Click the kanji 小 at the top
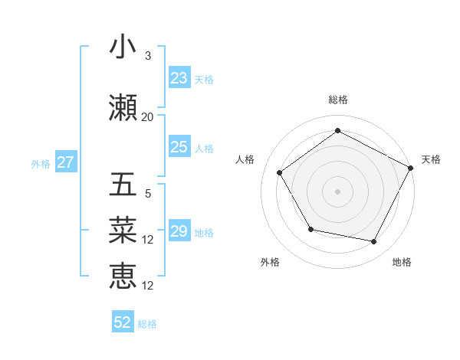123,47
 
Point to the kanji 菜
123,231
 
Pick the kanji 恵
123,276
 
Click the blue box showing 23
179,78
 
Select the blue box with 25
179,147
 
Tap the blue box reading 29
179,231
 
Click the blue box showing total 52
123,322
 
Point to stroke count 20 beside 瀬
147,117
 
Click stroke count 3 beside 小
147,56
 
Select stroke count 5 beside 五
147,194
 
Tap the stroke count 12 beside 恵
148,286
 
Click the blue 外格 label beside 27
41,163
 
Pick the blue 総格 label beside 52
147,323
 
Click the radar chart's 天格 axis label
431,159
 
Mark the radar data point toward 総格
337,130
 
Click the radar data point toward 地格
374,242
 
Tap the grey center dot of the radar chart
337,191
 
